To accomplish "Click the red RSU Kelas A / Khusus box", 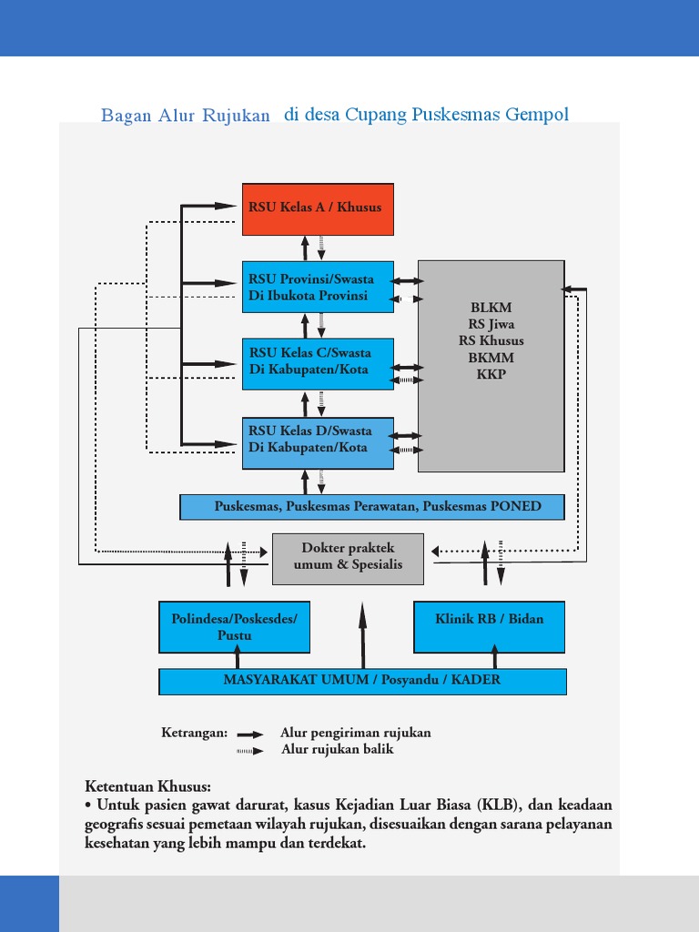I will [317, 208].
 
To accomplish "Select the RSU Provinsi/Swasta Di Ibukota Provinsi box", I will [318, 288].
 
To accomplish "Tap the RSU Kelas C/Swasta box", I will [318, 361].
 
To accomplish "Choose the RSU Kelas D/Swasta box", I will [318, 441].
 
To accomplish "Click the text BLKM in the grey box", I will [491, 308].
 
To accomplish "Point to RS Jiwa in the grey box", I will [491, 324].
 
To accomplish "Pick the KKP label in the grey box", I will [491, 375].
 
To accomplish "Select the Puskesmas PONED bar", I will [372, 507].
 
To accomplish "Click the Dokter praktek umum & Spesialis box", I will [348, 557].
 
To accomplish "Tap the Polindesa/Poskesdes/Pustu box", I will [234, 627].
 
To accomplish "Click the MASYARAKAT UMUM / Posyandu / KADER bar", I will [362, 681].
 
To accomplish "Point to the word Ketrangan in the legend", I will [194, 733].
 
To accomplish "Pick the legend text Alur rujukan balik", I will [338, 750].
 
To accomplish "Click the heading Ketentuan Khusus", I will [148, 786].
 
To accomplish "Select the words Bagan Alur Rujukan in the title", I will [186, 116].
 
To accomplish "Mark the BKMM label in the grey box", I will [491, 359].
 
